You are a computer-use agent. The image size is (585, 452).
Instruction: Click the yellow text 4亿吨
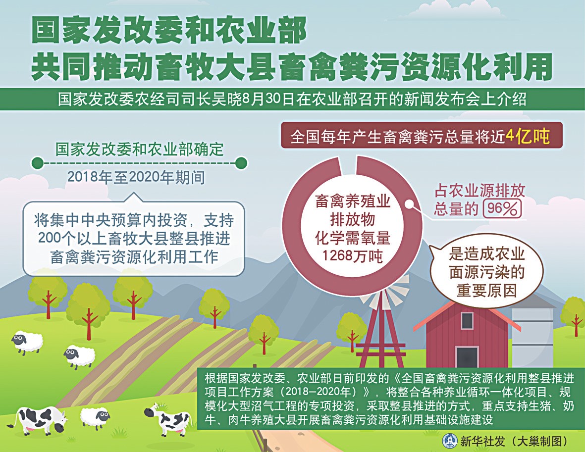[528, 137]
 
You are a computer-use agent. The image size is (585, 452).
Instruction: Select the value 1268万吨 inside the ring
[353, 256]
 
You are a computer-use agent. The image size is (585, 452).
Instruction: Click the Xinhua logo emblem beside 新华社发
[449, 441]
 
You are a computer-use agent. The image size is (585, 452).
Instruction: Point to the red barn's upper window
[467, 321]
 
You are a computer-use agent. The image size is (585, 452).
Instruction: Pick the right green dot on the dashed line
[241, 162]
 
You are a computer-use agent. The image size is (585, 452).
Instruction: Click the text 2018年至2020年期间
[136, 178]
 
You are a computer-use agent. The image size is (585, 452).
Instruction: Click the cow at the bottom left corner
[37, 419]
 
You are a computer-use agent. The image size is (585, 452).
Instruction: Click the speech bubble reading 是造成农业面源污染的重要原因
[486, 272]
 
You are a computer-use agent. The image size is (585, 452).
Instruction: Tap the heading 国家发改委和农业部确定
[139, 149]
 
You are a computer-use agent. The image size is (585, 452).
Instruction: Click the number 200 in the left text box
[47, 238]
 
